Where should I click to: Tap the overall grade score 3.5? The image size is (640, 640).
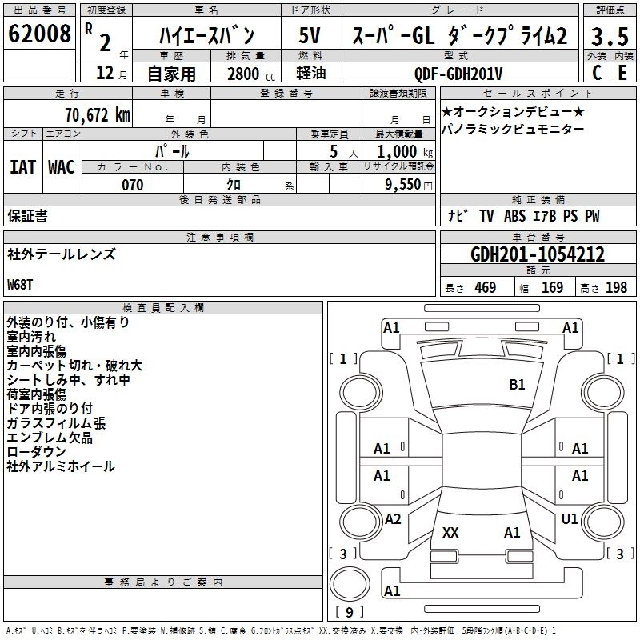coord(609,37)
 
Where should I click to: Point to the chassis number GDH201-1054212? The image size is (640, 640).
coord(537,255)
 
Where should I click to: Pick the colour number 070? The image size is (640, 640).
coord(132,185)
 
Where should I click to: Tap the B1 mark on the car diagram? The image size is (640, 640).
coord(518,385)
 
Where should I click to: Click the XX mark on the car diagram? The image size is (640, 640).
coord(450,532)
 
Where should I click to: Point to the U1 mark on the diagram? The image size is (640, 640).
coord(570,519)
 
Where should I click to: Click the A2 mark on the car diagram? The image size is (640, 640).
coord(392,519)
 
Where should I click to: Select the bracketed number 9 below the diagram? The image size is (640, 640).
coord(349,613)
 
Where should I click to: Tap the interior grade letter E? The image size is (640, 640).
coord(622,72)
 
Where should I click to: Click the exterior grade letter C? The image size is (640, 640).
coord(596,72)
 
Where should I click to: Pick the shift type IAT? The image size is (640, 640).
coord(22,167)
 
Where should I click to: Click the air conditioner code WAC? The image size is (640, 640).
coord(61,167)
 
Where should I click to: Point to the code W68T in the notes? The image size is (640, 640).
coord(22,285)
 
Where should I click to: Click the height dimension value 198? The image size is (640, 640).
coord(616,287)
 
